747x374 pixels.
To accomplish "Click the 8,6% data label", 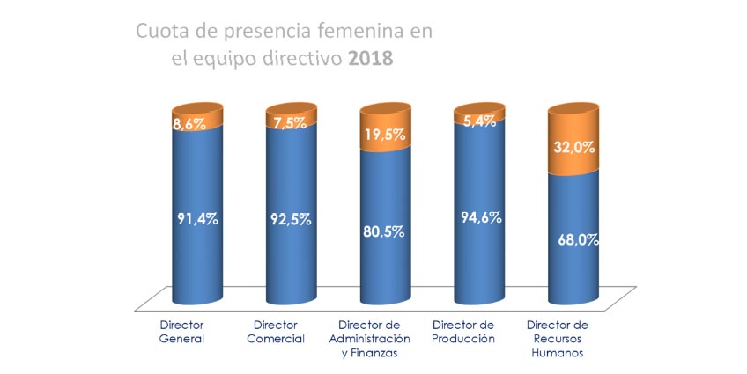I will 189,125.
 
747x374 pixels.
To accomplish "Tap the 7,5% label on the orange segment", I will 289,122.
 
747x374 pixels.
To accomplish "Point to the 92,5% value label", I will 291,220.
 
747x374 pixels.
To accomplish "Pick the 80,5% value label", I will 386,232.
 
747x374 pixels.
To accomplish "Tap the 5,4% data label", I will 478,120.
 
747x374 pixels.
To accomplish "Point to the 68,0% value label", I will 576,239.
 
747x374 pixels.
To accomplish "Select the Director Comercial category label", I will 278,332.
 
